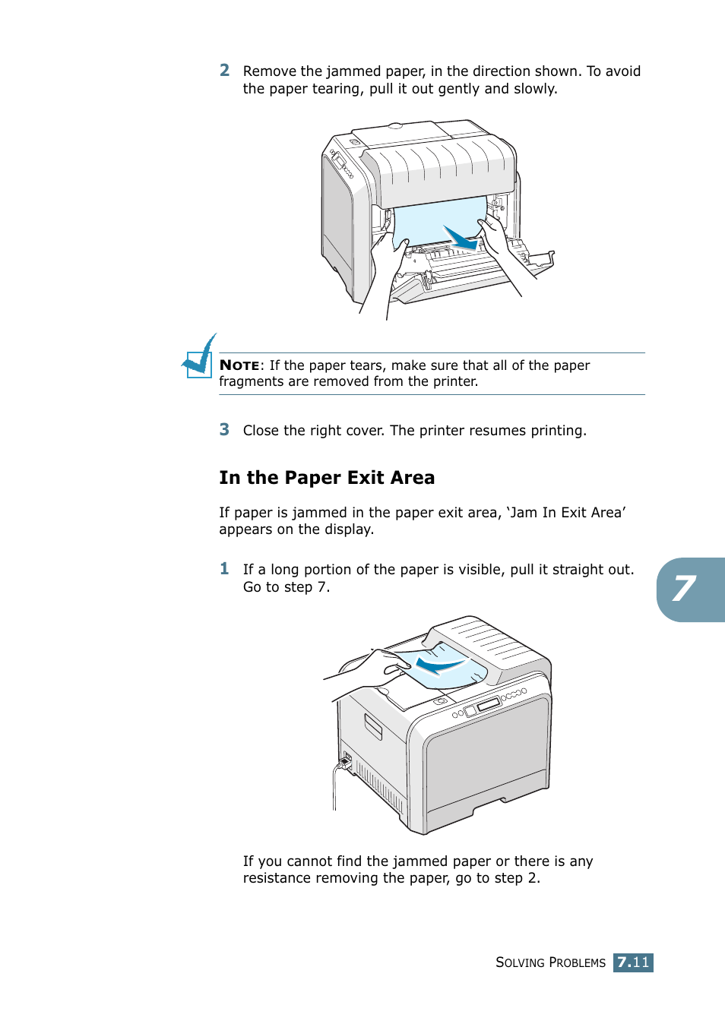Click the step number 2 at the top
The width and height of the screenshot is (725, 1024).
(x=224, y=71)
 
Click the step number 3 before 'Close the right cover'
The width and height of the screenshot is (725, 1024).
(x=224, y=430)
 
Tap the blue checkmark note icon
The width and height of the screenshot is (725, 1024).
(x=200, y=357)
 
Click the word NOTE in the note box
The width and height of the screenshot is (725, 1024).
(x=239, y=365)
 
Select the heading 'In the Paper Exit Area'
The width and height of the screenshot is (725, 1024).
(x=327, y=478)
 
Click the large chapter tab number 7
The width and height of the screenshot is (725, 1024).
(x=685, y=589)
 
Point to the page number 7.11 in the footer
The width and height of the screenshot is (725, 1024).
(x=633, y=962)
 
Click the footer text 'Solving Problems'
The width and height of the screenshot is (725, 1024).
(x=550, y=962)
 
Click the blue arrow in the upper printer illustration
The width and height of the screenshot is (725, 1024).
(x=461, y=238)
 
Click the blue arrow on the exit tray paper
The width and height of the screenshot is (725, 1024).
(x=439, y=666)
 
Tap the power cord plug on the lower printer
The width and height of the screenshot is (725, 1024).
(x=345, y=760)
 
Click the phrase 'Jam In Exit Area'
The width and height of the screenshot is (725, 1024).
(x=566, y=513)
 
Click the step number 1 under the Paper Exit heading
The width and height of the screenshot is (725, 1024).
(x=224, y=569)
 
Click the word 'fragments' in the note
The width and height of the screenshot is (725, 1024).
(x=252, y=381)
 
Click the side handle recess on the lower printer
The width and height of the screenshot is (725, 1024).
(x=373, y=726)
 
